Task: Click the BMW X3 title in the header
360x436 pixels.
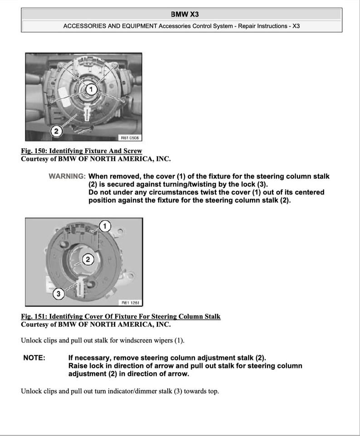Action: tap(181, 14)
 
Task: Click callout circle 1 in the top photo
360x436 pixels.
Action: tap(91, 89)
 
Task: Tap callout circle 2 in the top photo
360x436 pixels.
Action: tap(56, 131)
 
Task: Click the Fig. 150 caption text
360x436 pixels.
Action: tap(81, 151)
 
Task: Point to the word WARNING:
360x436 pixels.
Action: tap(67, 176)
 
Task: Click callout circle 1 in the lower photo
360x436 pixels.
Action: tap(105, 226)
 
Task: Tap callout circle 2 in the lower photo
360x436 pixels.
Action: tap(88, 259)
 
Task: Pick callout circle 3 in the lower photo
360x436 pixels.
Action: tap(58, 294)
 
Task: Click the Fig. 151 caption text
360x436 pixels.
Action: tap(121, 316)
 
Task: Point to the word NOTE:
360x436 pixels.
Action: tap(34, 358)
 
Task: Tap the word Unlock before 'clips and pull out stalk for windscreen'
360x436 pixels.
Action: tap(31, 340)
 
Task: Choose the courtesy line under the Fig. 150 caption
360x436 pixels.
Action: tap(96, 159)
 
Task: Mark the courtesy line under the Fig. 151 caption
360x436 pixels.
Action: tap(96, 325)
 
